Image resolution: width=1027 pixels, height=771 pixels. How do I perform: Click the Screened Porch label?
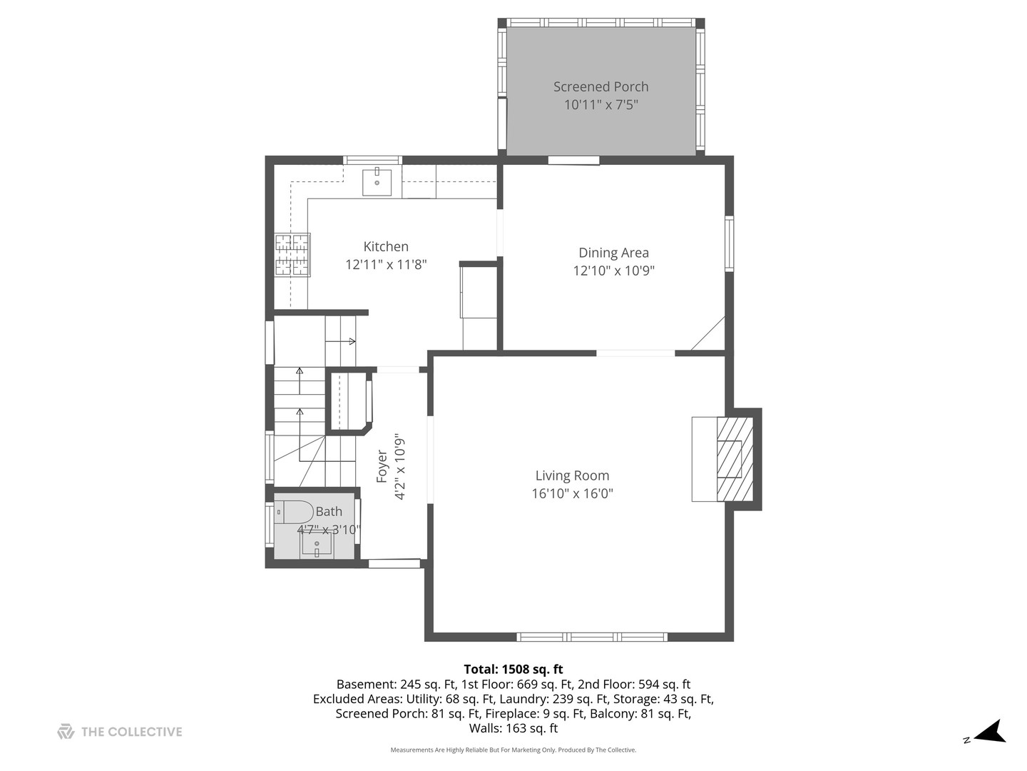point(601,86)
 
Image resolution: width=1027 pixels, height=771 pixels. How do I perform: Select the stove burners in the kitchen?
point(293,255)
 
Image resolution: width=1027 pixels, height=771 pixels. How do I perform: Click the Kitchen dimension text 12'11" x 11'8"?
point(386,265)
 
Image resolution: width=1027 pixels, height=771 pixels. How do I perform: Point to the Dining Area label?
point(613,253)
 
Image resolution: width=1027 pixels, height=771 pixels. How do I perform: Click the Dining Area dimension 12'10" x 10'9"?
point(613,271)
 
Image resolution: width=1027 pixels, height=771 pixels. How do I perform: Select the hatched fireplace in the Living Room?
point(735,459)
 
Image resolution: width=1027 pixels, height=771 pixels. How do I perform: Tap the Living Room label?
point(572,475)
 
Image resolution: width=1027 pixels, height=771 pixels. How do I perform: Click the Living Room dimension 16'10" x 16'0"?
point(572,493)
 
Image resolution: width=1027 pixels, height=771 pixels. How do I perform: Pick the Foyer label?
point(382,465)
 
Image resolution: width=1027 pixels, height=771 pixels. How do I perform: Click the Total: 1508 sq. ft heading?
point(513,669)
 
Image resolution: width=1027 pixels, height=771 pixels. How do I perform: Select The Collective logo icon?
point(66,731)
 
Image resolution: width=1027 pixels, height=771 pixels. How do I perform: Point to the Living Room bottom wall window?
point(592,637)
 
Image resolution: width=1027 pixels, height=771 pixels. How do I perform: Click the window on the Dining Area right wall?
point(729,243)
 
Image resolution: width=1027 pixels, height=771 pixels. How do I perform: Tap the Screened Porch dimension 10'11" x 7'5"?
point(601,105)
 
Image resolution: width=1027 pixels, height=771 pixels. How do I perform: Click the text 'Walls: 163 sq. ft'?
point(513,729)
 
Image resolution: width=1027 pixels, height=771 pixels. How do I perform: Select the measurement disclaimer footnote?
point(513,750)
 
